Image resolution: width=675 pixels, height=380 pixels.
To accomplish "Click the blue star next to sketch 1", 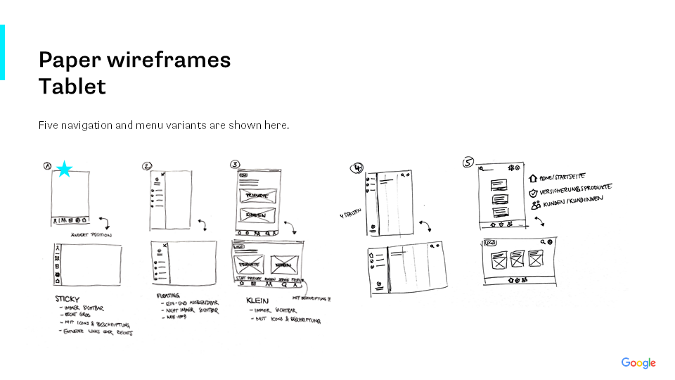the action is pos(65,169).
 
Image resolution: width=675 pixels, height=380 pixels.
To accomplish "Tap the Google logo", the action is pos(638,363).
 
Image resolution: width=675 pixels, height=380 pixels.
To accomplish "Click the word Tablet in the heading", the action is pos(72,87).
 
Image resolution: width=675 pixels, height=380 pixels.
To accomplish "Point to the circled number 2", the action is pos(147,167).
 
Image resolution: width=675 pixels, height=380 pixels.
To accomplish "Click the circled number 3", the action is pos(235,165).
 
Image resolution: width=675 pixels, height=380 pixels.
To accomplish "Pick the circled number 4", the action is pos(357,168).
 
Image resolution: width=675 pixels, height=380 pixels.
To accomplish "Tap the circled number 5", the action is pos(468,163).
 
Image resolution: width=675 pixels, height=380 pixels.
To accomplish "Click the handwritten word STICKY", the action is pos(67,299).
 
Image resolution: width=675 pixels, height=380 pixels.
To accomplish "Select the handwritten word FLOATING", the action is pos(169,296).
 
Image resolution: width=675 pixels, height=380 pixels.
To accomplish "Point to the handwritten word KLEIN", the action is pos(258,300).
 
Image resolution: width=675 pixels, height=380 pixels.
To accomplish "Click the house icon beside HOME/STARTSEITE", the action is pos(533,179).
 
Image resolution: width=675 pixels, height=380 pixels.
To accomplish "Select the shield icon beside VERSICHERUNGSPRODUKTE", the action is pos(533,192).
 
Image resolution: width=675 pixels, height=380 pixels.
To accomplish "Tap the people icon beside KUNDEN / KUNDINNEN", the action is pos(535,205).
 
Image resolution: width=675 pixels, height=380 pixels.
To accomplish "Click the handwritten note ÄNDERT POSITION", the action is pos(91,234).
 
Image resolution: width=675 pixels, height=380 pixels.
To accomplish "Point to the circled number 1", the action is pos(48,167).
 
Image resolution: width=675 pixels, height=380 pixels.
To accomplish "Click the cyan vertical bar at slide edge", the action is pos(2,52).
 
